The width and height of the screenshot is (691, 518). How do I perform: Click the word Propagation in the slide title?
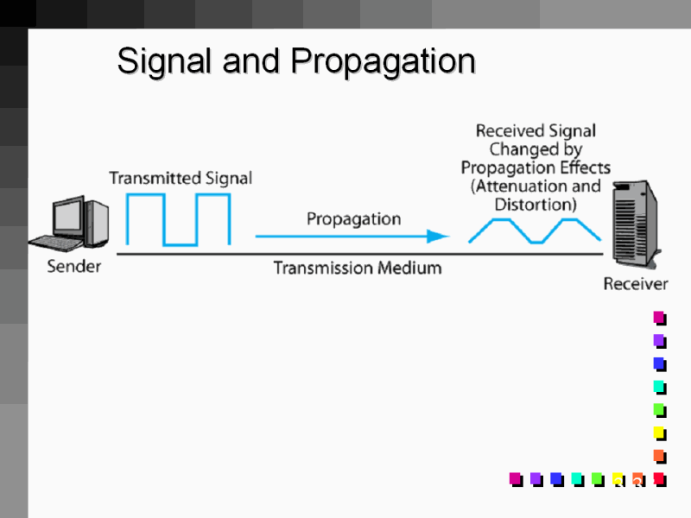pos(383,62)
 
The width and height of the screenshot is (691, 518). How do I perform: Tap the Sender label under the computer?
pos(73,266)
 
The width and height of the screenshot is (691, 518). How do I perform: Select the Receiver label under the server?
pos(635,284)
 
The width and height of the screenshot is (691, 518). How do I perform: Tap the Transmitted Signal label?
pos(181,178)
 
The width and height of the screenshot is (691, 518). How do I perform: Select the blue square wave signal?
pos(179,219)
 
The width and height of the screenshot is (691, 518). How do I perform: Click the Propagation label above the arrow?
pos(353,218)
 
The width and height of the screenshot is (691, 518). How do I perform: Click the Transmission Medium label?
pos(357,268)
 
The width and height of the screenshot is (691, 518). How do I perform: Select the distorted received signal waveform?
pos(535,231)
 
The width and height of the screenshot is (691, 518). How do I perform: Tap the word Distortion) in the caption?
pos(535,205)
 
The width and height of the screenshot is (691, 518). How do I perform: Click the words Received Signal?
pos(536,131)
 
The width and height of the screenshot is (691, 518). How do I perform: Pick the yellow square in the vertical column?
pos(658,432)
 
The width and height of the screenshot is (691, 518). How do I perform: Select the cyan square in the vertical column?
pos(658,386)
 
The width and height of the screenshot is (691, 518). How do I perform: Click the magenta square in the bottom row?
pos(515,477)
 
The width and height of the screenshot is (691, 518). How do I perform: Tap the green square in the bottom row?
pos(596,477)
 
